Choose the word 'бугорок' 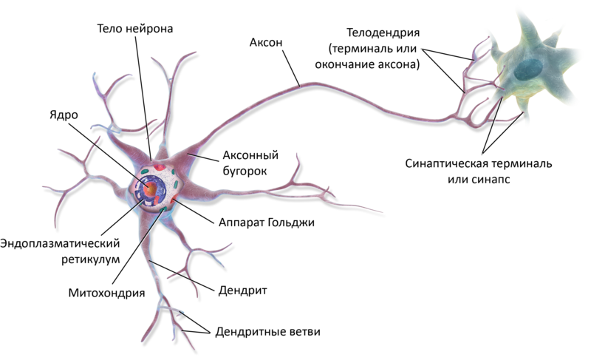coord(245,171)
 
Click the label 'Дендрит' coord(242,291)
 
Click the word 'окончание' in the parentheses coord(348,64)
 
